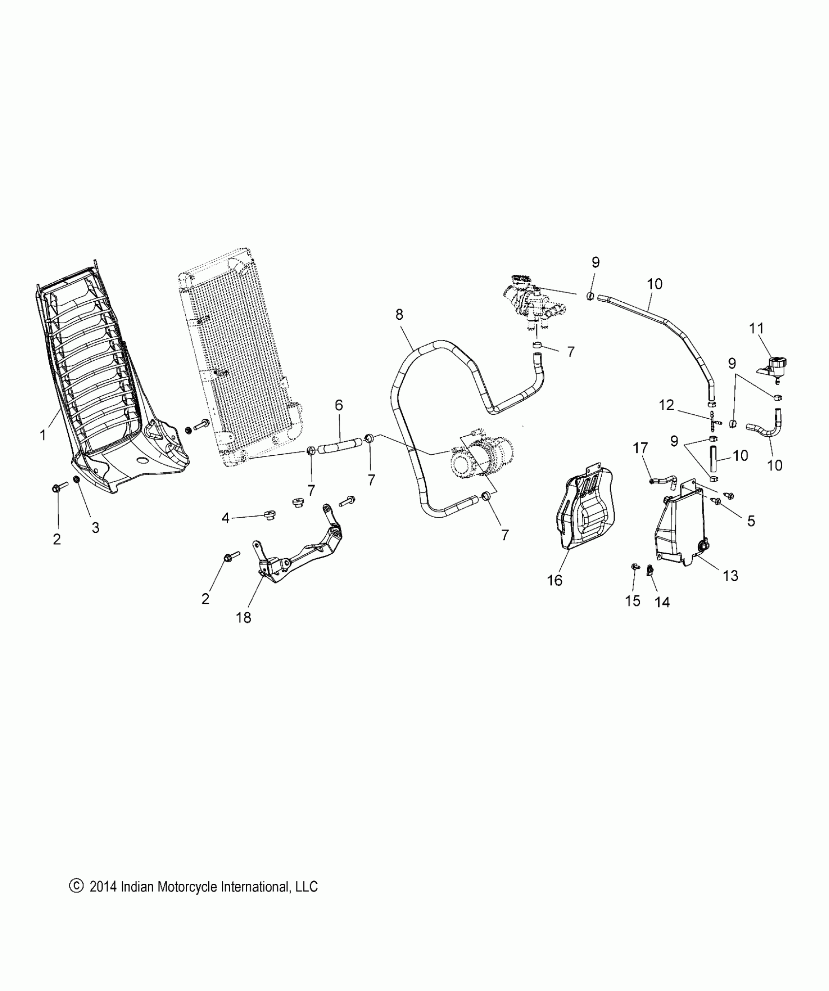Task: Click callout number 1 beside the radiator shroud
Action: pos(43,434)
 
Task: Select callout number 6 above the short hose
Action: pos(339,405)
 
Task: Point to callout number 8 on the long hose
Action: pos(399,314)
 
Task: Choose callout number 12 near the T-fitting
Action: pos(667,405)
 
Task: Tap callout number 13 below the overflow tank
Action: pos(730,576)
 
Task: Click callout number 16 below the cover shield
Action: pos(555,580)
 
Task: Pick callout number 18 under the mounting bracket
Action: pos(243,618)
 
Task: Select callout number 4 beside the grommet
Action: pos(225,518)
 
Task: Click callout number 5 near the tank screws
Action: pos(751,521)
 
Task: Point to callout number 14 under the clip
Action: pos(662,602)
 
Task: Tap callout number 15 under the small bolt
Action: pos(632,601)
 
